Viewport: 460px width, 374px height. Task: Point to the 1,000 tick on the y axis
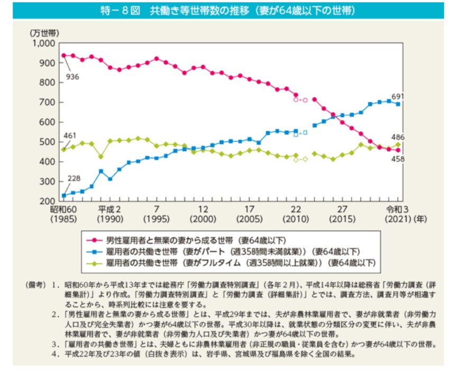(x=43, y=43)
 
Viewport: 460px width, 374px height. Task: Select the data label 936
(x=72, y=77)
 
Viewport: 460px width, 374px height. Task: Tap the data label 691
(x=397, y=96)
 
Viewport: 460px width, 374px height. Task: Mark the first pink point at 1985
(x=63, y=55)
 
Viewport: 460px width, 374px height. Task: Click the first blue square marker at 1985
(x=63, y=195)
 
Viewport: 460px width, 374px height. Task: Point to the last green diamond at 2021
(x=398, y=144)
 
